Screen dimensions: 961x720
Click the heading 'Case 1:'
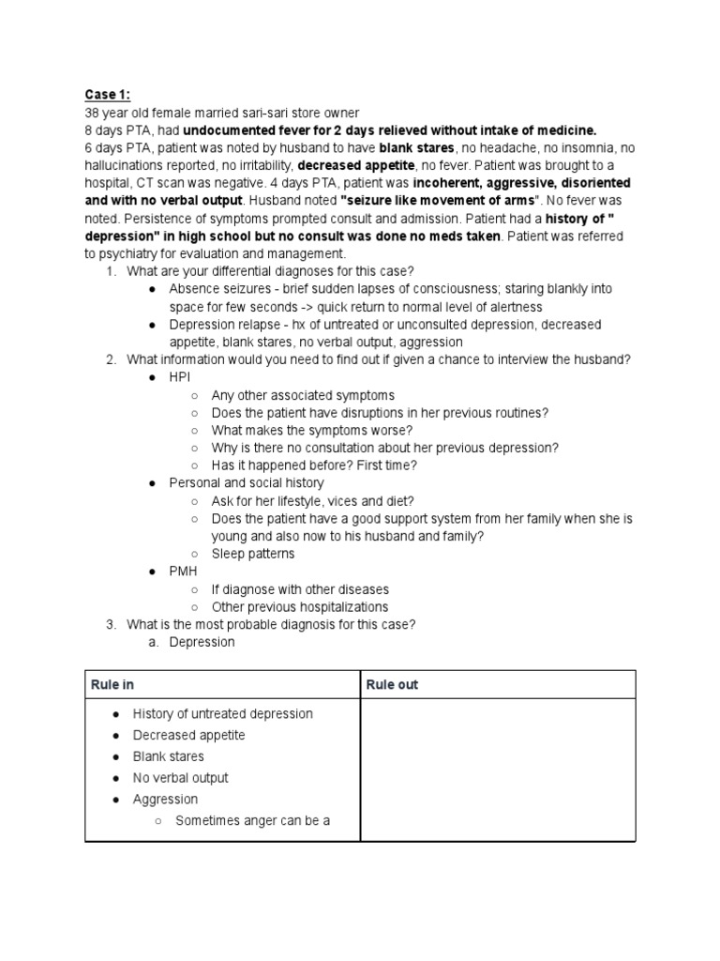click(107, 95)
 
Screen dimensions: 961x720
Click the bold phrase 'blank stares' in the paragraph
click(416, 148)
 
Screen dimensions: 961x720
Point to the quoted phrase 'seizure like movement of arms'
click(423, 202)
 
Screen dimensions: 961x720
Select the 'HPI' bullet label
click(179, 377)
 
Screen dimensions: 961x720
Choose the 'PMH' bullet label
click(183, 572)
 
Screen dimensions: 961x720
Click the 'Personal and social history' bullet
click(246, 483)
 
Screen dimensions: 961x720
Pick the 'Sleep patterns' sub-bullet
click(252, 554)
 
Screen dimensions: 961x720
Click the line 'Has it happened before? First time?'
click(314, 465)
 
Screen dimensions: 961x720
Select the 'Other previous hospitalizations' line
click(299, 607)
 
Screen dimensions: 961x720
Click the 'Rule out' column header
click(391, 685)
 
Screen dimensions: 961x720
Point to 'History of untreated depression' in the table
click(222, 714)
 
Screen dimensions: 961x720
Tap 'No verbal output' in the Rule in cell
click(180, 778)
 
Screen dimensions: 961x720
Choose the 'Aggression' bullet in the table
click(165, 800)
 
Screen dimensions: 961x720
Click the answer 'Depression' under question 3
click(202, 643)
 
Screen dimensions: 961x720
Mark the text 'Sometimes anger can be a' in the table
click(252, 821)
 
